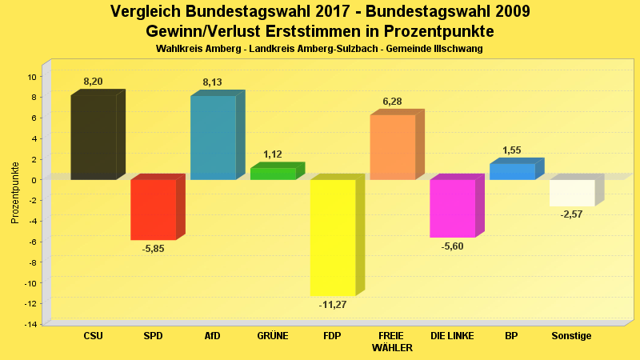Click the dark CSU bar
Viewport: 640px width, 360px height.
[x=94, y=137]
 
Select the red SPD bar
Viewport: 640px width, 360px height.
[x=153, y=210]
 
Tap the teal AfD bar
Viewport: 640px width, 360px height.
[x=213, y=137]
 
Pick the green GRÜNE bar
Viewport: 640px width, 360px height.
[x=273, y=174]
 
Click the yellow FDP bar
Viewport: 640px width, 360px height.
[x=333, y=238]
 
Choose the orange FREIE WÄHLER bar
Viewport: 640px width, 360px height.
[x=392, y=147]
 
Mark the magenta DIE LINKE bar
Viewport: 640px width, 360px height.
[x=452, y=208]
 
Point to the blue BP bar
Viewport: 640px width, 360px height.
[x=512, y=171]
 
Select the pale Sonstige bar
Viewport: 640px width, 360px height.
[x=571, y=193]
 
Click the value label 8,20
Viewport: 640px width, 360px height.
[x=93, y=82]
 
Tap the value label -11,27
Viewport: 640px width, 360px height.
[x=333, y=305]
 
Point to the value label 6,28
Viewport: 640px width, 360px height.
[x=392, y=102]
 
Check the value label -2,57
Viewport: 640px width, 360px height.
[x=571, y=215]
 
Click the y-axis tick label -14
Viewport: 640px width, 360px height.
[x=30, y=324]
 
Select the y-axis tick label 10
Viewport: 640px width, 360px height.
[x=32, y=77]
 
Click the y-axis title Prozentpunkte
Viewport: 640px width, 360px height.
[x=14, y=193]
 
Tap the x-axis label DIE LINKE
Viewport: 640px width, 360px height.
[x=452, y=336]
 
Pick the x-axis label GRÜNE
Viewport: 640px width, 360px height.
[x=273, y=336]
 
